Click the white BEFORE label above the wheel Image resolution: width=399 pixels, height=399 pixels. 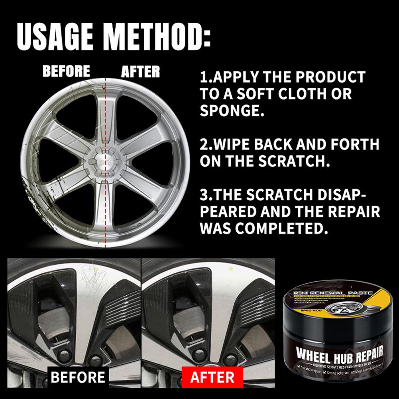(66, 71)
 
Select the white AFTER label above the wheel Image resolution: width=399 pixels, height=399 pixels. (140, 72)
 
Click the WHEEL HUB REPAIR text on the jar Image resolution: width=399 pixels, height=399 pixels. (340, 353)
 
